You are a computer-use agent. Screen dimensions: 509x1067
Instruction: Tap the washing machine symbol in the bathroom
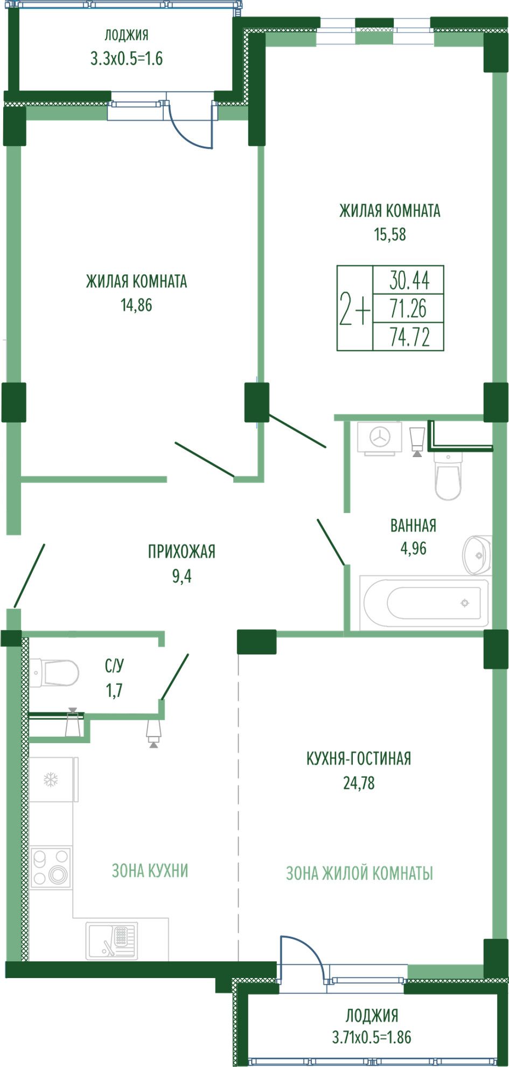click(x=380, y=438)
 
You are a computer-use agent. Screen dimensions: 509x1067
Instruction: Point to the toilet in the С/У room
click(x=54, y=673)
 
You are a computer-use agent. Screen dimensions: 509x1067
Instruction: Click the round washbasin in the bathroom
click(x=477, y=555)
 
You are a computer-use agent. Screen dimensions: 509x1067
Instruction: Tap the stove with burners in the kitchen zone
click(x=51, y=868)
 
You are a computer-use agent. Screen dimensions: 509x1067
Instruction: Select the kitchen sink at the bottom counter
click(x=112, y=940)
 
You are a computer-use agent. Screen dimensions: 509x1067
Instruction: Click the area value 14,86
click(x=136, y=305)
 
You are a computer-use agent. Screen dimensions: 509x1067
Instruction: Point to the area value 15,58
click(x=390, y=234)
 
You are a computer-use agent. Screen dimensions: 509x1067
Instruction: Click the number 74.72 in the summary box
click(x=410, y=337)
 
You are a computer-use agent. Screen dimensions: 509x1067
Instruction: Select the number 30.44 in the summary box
click(x=409, y=280)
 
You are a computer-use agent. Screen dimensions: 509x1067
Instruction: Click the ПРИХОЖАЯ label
click(x=182, y=552)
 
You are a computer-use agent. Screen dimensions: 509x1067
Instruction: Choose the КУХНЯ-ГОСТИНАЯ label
click(x=359, y=759)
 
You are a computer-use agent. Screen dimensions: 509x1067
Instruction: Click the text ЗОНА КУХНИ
click(x=150, y=871)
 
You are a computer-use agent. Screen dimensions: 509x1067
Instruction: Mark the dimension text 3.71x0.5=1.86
click(x=372, y=1037)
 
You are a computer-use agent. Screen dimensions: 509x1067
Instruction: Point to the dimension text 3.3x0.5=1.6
click(x=127, y=58)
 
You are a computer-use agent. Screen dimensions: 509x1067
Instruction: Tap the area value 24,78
click(x=359, y=783)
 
